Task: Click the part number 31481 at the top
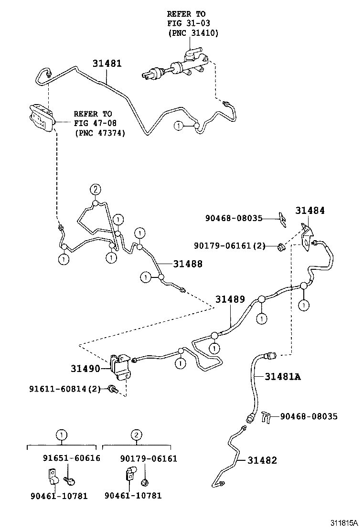tap(107, 64)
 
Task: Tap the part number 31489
tap(230, 300)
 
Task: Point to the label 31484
tap(309, 210)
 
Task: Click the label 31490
tap(85, 369)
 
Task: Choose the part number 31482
tap(262, 460)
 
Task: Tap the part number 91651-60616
tap(72, 458)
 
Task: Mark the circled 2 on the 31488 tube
tap(95, 190)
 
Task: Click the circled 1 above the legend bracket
tap(61, 435)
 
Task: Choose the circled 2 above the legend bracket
tap(136, 435)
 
